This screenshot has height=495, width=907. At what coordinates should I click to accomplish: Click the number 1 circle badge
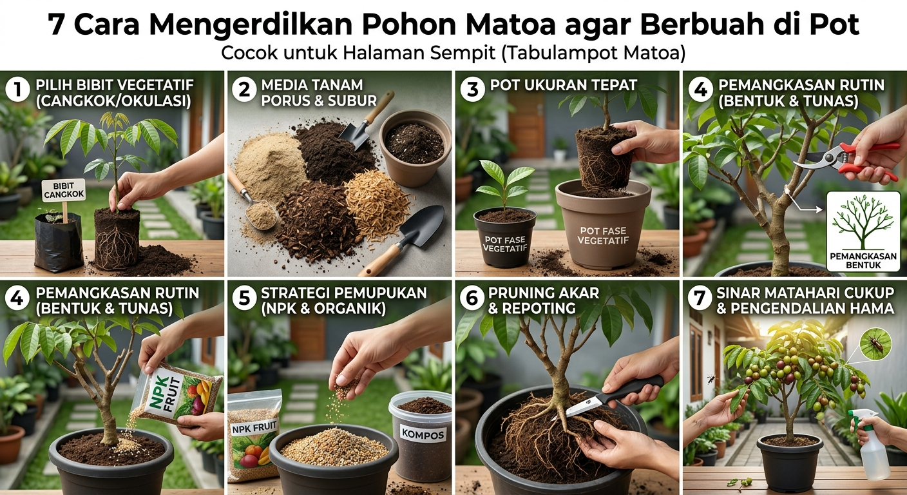17,90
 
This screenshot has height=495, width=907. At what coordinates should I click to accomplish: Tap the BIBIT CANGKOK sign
64,190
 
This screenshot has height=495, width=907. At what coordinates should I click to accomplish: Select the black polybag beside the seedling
59,242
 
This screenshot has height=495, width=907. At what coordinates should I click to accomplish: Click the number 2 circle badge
244,90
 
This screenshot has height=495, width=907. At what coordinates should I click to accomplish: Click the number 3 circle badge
472,89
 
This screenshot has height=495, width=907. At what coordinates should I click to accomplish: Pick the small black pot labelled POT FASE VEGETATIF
505,237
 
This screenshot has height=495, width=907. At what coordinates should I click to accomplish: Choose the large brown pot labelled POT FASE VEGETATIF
603,224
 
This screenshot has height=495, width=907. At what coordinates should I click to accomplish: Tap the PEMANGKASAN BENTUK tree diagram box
863,231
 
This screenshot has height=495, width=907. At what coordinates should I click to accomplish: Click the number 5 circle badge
244,298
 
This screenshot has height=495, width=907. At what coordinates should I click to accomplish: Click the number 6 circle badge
472,298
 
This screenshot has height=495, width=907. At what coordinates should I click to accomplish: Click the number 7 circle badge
700,298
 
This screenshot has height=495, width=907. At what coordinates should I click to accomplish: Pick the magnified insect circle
876,344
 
